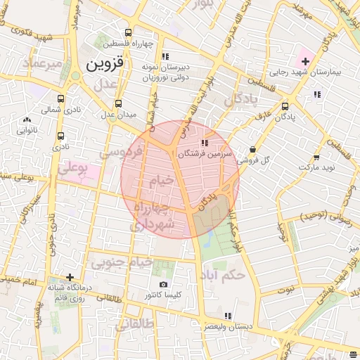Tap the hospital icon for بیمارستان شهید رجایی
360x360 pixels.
[304, 62]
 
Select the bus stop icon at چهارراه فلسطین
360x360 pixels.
[127, 32]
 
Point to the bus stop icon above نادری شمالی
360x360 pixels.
[61, 99]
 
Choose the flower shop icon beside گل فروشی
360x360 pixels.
[252, 149]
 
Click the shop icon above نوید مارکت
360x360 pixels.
[317, 157]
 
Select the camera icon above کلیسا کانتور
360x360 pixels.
[163, 285]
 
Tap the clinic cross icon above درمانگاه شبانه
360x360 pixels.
[70, 277]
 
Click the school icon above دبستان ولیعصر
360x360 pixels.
[227, 316]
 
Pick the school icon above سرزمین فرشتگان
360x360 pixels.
[205, 143]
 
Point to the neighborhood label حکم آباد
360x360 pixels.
[223, 274]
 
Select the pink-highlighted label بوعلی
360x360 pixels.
[72, 169]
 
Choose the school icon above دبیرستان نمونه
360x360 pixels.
[165, 56]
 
